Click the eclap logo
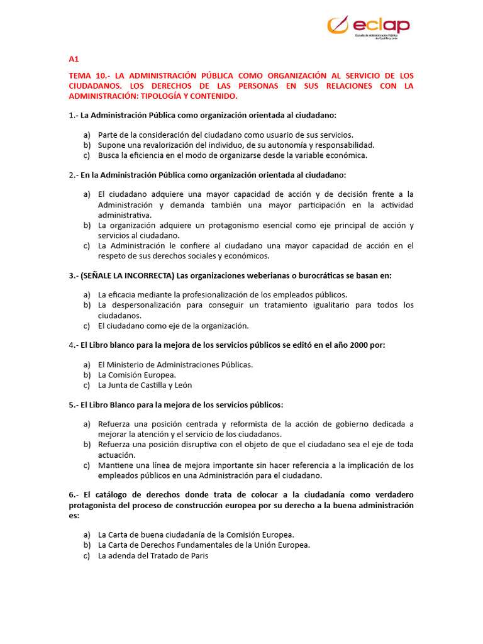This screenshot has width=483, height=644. tap(369, 27)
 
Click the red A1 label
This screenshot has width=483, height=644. tap(74, 59)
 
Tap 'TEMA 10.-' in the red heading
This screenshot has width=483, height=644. tap(87, 75)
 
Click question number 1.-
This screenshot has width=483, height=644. tap(73, 115)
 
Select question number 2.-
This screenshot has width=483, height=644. tap(73, 174)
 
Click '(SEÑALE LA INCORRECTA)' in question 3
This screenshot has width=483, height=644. tap(128, 275)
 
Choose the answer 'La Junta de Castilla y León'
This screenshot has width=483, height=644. tap(145, 385)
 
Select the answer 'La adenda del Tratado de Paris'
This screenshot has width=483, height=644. tap(153, 555)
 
